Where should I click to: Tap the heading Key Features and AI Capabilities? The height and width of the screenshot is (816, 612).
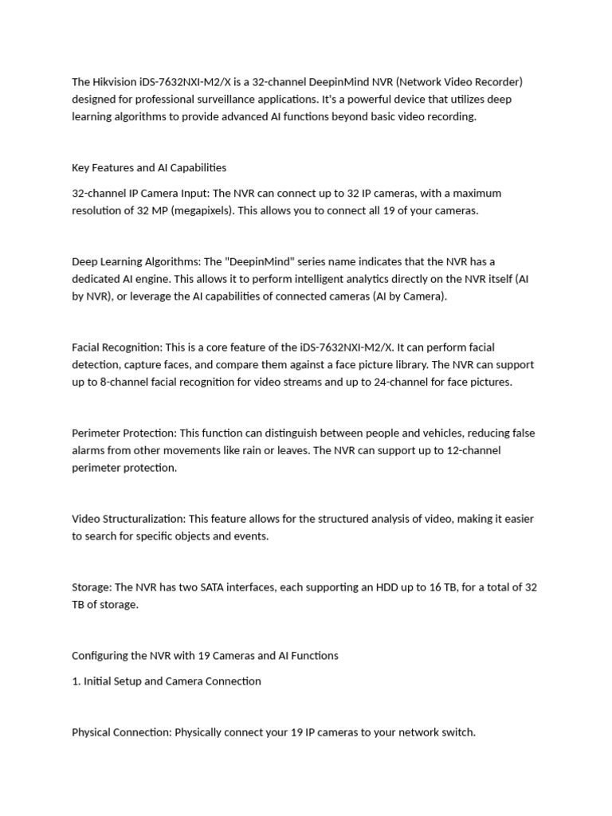click(x=149, y=168)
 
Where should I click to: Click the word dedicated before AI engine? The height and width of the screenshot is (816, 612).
click(x=96, y=279)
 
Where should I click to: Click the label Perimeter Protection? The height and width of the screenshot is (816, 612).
click(x=124, y=433)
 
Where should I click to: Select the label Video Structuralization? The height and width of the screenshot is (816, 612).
click(x=128, y=519)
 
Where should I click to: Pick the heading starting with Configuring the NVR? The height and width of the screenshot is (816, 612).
click(x=205, y=656)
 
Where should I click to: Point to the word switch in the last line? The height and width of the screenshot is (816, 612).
click(x=457, y=732)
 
